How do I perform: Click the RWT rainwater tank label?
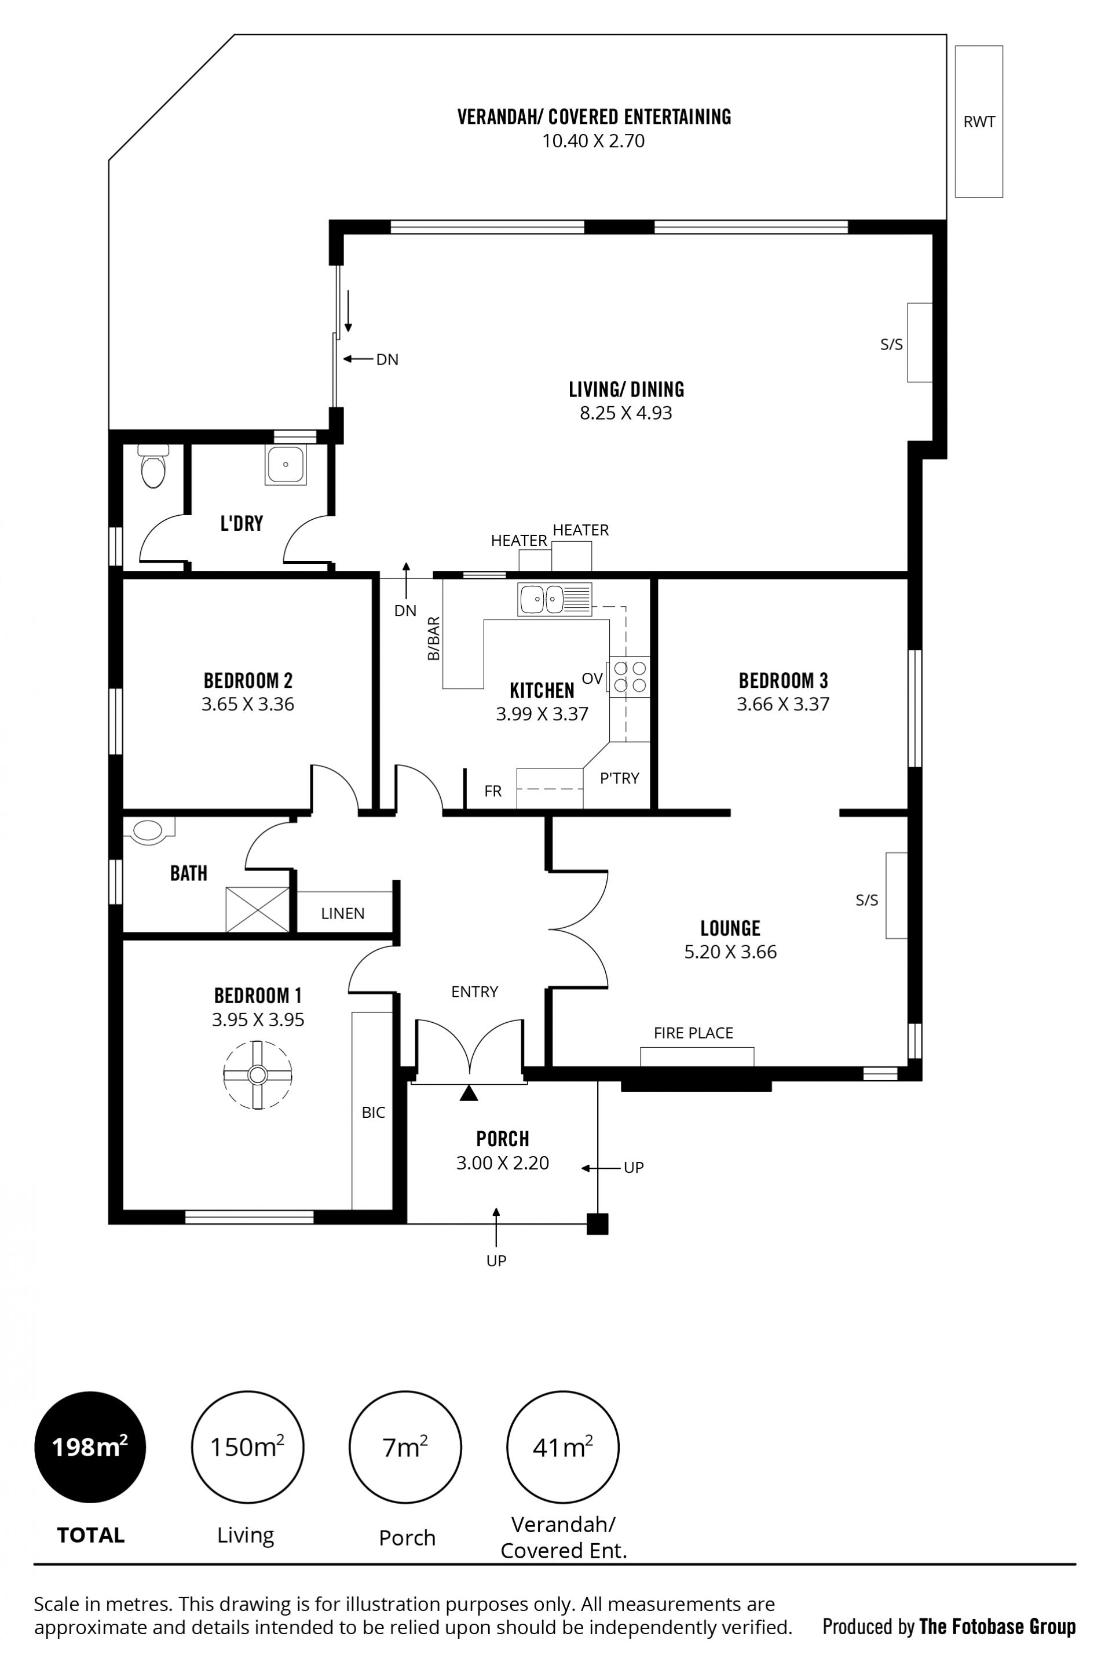click(979, 122)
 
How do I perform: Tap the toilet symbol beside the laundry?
click(153, 465)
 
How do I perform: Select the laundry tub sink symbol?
click(286, 465)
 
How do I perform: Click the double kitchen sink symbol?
click(554, 599)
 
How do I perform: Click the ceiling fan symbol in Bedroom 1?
click(257, 1075)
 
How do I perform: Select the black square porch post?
click(597, 1224)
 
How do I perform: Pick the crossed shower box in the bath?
click(257, 910)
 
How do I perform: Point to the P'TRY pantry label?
click(619, 778)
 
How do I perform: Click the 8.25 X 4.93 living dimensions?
click(625, 413)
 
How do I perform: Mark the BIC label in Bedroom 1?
click(373, 1113)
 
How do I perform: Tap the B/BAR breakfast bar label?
click(433, 639)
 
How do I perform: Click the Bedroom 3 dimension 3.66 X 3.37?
click(783, 704)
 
